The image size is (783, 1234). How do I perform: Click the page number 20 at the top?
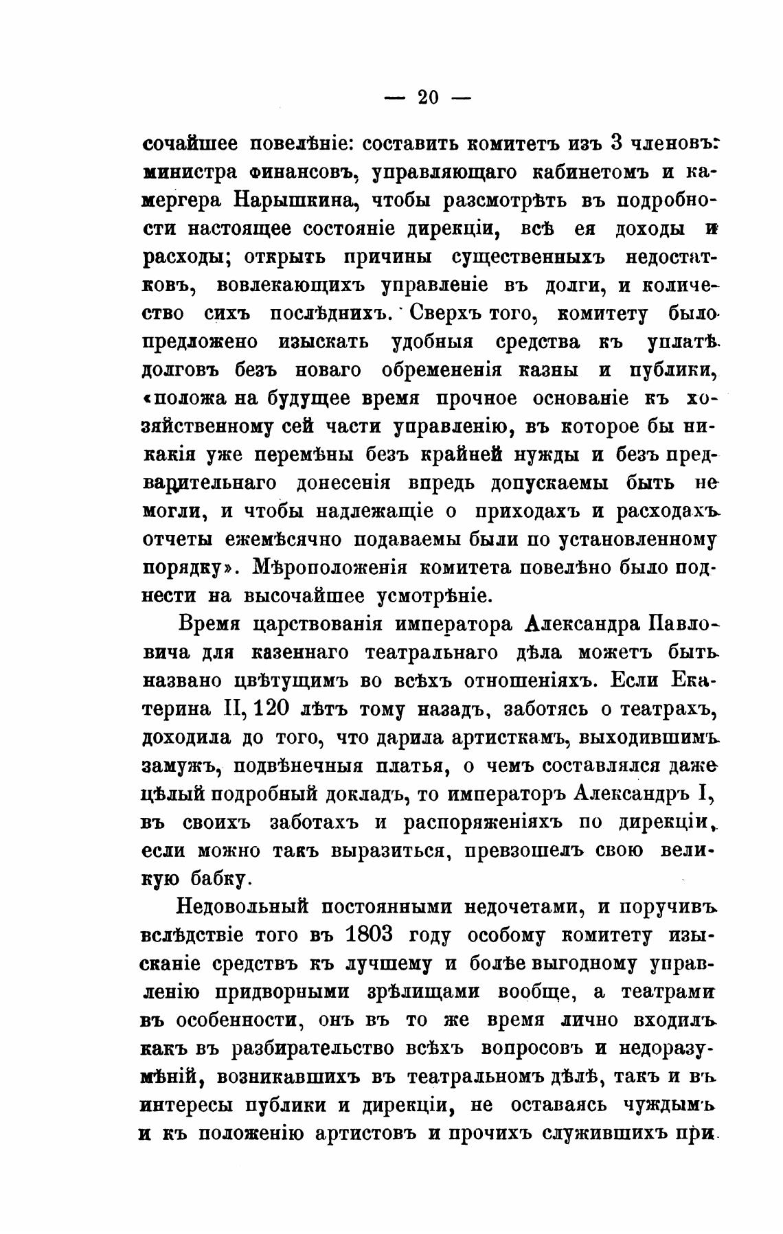pos(427,98)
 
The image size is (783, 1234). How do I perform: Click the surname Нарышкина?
pos(294,201)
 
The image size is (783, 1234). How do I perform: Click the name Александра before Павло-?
pos(582,624)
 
